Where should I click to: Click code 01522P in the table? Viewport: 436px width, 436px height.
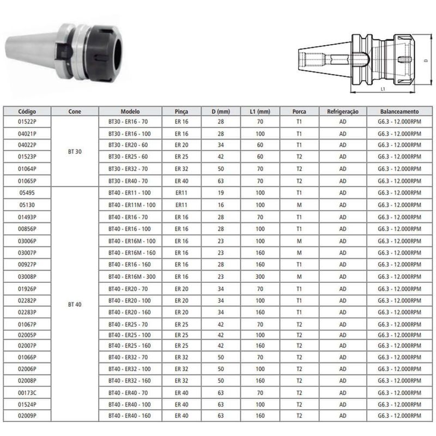[x=27, y=120]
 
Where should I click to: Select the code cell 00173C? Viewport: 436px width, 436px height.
[x=27, y=392]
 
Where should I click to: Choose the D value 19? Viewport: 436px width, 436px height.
[x=221, y=192]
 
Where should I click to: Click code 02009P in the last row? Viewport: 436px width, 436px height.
[x=27, y=415]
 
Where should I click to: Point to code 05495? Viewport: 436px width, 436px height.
[x=27, y=192]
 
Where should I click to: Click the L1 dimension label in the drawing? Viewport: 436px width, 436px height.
[x=383, y=88]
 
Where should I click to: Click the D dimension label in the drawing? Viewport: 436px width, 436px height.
[x=425, y=62]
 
